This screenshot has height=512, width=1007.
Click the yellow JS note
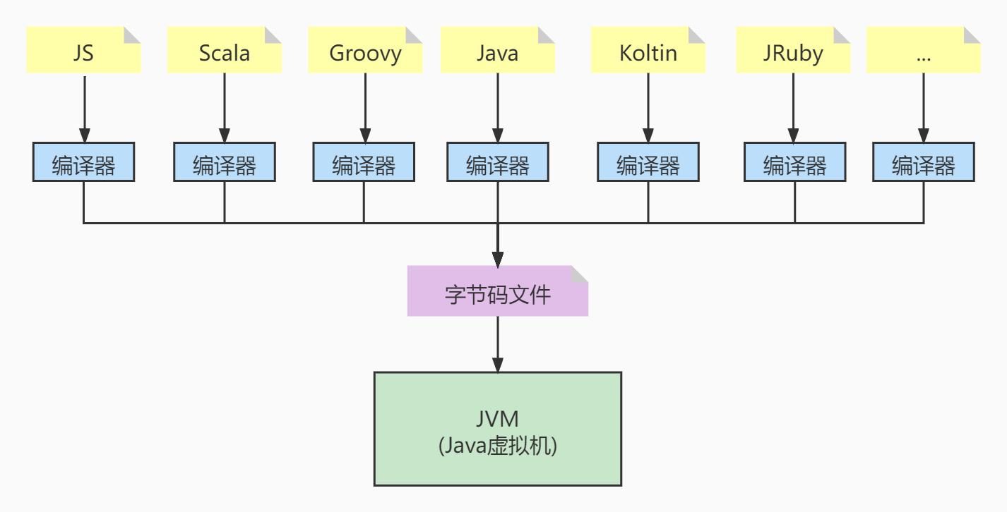pos(83,50)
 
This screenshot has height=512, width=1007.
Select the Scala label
pos(224,53)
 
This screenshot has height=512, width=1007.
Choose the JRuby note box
pos(792,53)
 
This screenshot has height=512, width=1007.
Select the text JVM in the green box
pos(497,419)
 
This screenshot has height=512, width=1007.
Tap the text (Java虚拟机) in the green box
pos(497,446)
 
